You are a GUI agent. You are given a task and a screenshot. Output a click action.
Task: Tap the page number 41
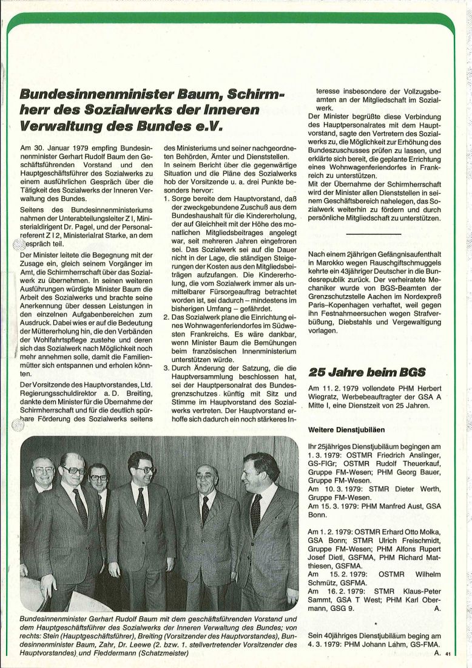pos(448,654)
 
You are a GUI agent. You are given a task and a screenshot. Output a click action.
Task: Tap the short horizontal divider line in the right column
pos(374,234)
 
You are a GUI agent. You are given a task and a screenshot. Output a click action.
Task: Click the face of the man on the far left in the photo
pos(43,470)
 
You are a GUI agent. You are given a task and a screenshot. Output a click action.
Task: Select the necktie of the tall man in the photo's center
pos(141,505)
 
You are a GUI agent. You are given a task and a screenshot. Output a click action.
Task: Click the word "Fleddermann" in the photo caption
pos(120,653)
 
